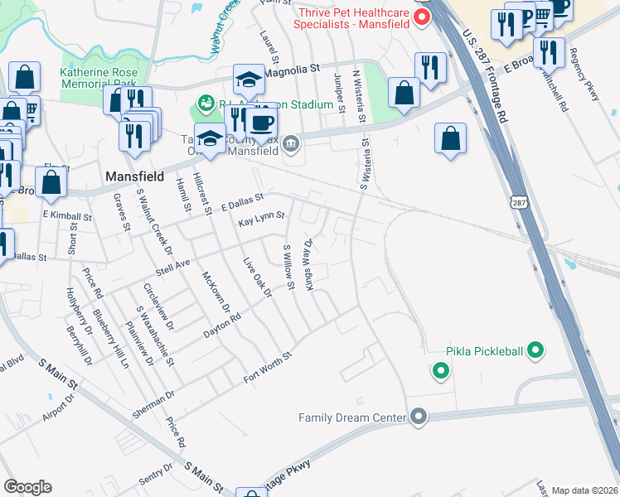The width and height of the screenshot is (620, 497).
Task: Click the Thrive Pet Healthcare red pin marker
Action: click(422, 17)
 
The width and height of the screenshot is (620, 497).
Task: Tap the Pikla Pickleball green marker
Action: click(535, 351)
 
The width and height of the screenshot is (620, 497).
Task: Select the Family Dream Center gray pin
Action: click(419, 416)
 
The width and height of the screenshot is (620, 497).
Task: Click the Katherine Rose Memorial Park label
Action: click(99, 78)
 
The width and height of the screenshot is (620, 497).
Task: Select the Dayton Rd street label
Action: click(221, 324)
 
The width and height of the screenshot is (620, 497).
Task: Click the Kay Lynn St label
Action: click(261, 216)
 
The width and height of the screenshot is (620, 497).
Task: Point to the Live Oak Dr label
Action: click(257, 277)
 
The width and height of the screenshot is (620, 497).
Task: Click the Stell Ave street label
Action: click(173, 268)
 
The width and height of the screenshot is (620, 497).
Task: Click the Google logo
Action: click(27, 487)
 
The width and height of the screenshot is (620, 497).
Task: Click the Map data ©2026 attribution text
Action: click(584, 490)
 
